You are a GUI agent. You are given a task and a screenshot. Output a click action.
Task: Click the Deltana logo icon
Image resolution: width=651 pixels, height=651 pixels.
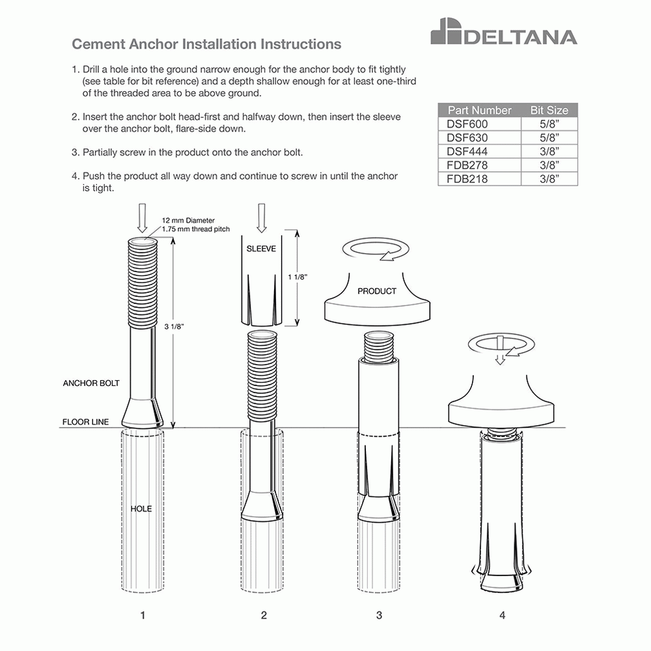pos(446,33)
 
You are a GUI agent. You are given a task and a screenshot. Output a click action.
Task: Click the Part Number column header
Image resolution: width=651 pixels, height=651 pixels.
pos(479,110)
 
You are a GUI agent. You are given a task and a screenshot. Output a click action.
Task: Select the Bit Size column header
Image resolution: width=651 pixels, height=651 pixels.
pos(549,110)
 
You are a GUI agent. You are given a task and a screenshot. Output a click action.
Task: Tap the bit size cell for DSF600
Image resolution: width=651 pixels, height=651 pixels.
pos(549,124)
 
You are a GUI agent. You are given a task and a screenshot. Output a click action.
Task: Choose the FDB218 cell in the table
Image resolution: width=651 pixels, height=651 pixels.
pos(467,179)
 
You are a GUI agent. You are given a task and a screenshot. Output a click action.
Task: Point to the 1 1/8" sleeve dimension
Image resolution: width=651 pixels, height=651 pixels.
pos(297,277)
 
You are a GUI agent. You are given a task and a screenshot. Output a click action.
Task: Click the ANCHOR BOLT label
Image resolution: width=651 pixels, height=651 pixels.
pos(91,383)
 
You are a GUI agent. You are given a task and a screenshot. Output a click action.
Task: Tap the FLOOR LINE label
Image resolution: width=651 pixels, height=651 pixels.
pos(85,422)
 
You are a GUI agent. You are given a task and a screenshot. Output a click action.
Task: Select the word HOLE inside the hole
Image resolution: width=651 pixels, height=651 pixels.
pos(141,508)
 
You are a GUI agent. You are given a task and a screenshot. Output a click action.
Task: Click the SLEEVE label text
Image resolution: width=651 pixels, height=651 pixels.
pos(261,249)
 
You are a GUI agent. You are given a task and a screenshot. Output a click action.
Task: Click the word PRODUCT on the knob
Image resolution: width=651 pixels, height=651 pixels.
pos(376,291)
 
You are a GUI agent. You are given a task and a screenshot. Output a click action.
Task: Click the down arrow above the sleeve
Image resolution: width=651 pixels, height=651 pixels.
pos(262,217)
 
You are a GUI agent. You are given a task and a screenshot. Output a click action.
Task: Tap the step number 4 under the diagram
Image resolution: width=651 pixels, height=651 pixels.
pos(502,615)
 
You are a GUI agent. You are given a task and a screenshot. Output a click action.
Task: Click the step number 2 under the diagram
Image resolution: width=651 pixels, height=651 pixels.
pos(263,615)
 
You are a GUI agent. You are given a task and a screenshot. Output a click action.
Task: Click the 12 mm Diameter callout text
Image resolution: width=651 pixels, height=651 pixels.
pos(188,221)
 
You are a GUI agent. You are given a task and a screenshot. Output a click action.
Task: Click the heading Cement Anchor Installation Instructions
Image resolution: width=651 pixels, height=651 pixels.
pos(206,44)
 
